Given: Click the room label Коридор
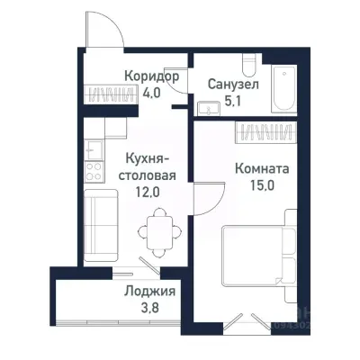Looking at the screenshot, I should (x=151, y=76).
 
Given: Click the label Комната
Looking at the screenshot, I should (x=261, y=168).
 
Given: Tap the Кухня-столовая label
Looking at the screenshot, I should (x=144, y=167).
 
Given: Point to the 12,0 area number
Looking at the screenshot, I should (x=144, y=192).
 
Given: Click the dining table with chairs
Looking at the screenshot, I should (x=159, y=229).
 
